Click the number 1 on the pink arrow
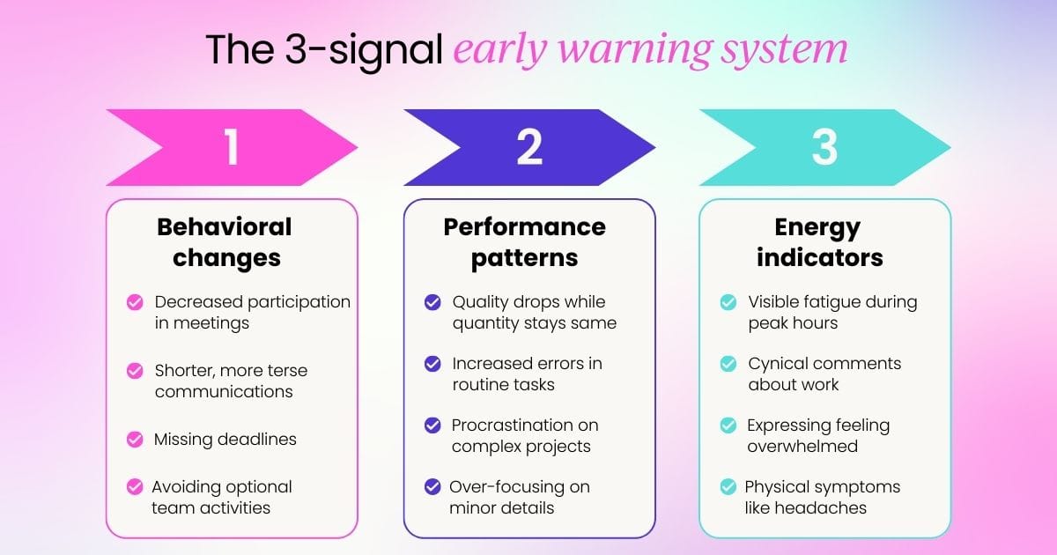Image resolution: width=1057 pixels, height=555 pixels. coord(231,148)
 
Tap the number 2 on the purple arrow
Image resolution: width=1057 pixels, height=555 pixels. coord(528,148)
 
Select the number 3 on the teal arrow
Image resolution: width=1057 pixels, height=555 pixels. coord(824,148)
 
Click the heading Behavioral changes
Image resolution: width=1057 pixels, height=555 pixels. coord(225,242)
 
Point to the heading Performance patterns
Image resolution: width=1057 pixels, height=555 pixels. coord(524,242)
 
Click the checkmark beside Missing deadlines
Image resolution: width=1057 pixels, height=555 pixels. coord(135,439)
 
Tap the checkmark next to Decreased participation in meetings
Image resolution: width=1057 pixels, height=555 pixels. coord(135,302)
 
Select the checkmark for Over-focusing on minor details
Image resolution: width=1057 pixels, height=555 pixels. coord(432,486)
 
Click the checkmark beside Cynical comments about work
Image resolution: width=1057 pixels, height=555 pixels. coord(728,364)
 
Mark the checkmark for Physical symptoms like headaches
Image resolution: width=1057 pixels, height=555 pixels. coord(728,486)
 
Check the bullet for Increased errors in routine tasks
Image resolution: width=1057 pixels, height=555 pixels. coord(432,364)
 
